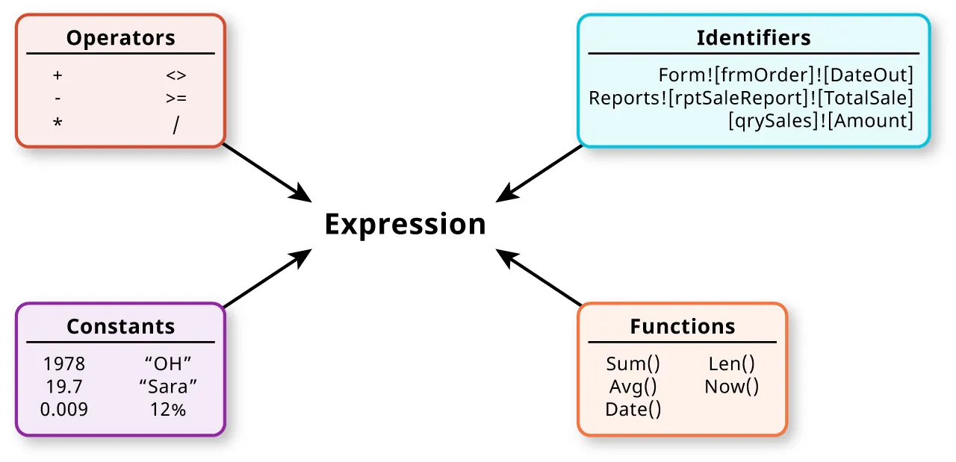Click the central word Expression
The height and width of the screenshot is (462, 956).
pos(405,225)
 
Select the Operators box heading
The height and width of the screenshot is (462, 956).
pos(120,38)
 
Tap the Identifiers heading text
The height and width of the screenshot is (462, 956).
pos(753,38)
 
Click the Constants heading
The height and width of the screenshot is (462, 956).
pos(120,326)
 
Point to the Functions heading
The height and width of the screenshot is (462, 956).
pos(682,326)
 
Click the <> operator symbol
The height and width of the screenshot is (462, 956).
pos(176,75)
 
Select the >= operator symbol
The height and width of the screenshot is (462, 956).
pos(176,98)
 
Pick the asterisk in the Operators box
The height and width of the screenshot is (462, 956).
pos(58,122)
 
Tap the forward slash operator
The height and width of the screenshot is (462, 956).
pos(176,125)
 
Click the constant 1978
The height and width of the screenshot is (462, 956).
pos(64,364)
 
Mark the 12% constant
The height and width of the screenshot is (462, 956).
pos(168,409)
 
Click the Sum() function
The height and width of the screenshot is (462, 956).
pos(633,364)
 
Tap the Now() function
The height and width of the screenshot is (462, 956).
pos(731,387)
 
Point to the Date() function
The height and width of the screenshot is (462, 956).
pos(633,409)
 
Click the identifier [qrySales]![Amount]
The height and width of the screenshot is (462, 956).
pos(821,120)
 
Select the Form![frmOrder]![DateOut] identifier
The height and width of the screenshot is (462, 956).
pos(786,75)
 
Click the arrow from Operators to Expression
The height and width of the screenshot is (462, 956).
pos(267,172)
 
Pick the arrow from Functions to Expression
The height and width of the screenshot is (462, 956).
pos(539,278)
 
